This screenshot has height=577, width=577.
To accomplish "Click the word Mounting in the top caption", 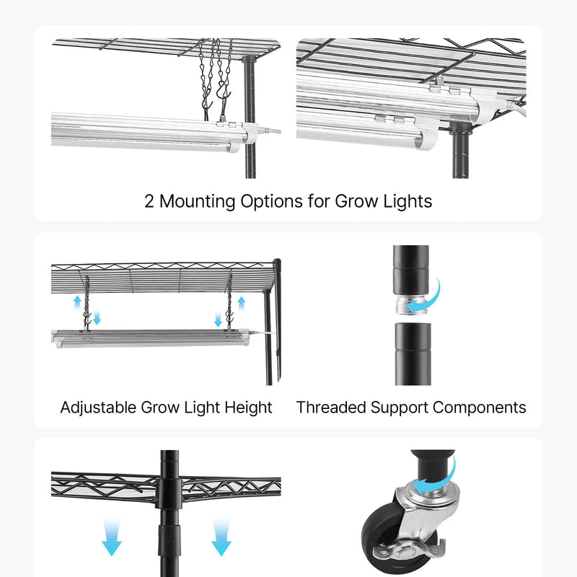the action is coord(197,202).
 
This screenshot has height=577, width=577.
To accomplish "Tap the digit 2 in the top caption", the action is coord(149,202).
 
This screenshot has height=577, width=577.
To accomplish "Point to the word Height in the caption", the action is coord(248,408).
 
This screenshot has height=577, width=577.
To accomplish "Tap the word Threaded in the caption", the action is coord(331,408).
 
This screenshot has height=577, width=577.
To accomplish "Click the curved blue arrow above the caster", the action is coord(438,478).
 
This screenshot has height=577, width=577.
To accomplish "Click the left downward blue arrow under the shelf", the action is coord(112,536).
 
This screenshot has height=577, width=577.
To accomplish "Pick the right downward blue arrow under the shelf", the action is coord(221,536).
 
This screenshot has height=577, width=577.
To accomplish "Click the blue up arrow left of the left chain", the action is coord(77,303).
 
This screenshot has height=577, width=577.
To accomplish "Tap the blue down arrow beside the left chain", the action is coord(97,317).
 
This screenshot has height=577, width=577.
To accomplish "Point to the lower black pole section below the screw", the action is coord(413,354).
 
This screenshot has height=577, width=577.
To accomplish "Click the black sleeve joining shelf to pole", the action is coord(169,493).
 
